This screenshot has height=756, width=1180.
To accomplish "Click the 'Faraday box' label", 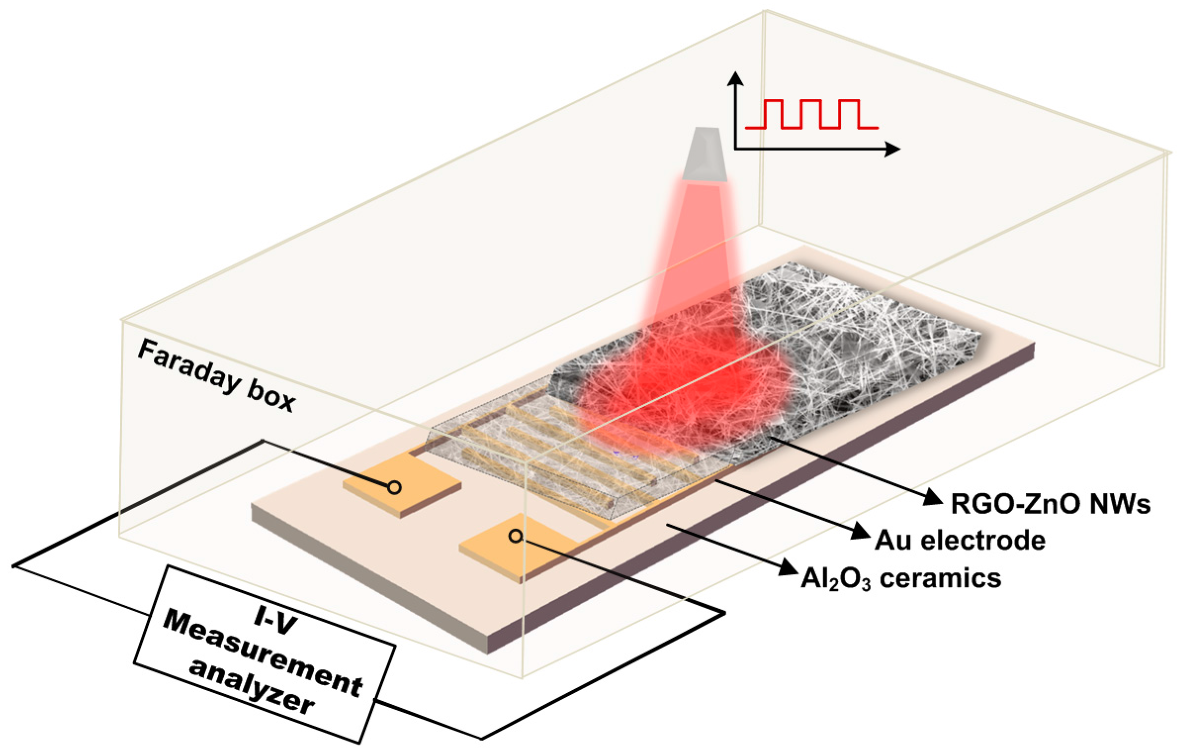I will (x=216, y=375).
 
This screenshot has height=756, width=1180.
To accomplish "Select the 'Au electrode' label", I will (x=960, y=540).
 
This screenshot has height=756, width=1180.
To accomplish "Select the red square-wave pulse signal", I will (x=811, y=114).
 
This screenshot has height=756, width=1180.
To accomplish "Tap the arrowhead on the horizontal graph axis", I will (x=892, y=149).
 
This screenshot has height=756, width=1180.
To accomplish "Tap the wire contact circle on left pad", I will (x=394, y=487).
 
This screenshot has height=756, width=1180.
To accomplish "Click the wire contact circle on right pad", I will (x=515, y=536).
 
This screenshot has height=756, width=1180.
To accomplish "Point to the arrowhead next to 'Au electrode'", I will (x=861, y=532).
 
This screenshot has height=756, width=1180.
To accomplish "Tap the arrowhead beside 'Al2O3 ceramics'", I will (x=789, y=568).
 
